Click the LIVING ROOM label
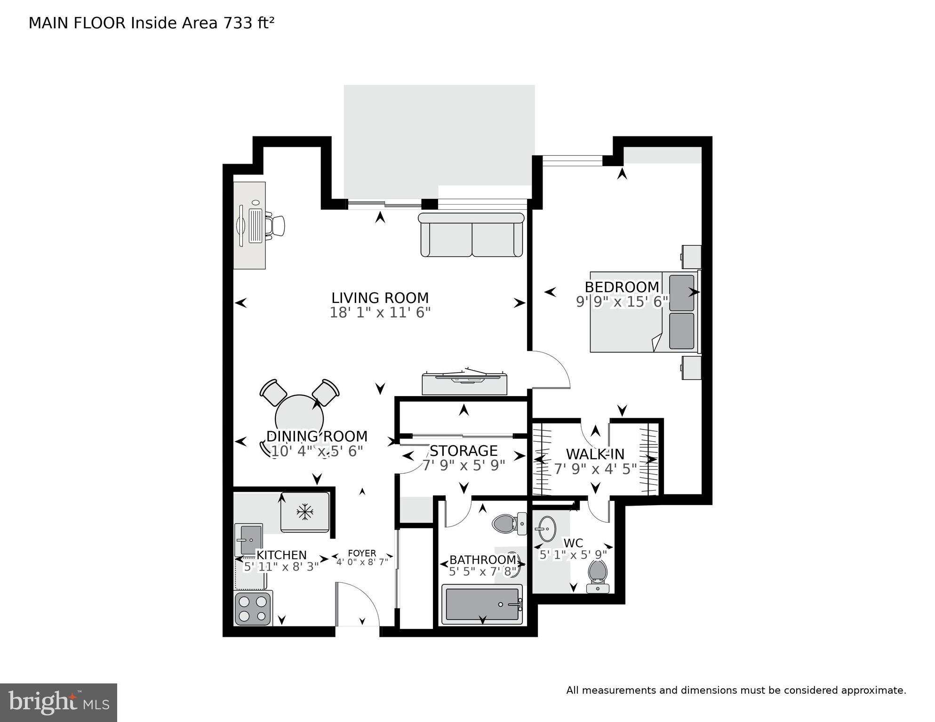pyautogui.click(x=380, y=298)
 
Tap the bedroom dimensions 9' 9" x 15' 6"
pyautogui.click(x=622, y=301)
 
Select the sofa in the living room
pyautogui.click(x=471, y=235)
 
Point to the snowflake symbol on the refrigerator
pyautogui.click(x=305, y=512)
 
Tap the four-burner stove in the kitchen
pyautogui.click(x=253, y=609)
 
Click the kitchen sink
pyautogui.click(x=248, y=540)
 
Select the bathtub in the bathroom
pyautogui.click(x=482, y=604)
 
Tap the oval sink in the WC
pyautogui.click(x=545, y=529)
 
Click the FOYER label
pyautogui.click(x=362, y=553)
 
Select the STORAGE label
pyautogui.click(x=464, y=451)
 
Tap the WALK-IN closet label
pyautogui.click(x=595, y=454)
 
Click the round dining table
pyautogui.click(x=299, y=418)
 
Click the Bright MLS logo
pyautogui.click(x=58, y=703)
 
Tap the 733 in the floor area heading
pyautogui.click(x=238, y=23)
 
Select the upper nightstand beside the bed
pyautogui.click(x=691, y=257)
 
